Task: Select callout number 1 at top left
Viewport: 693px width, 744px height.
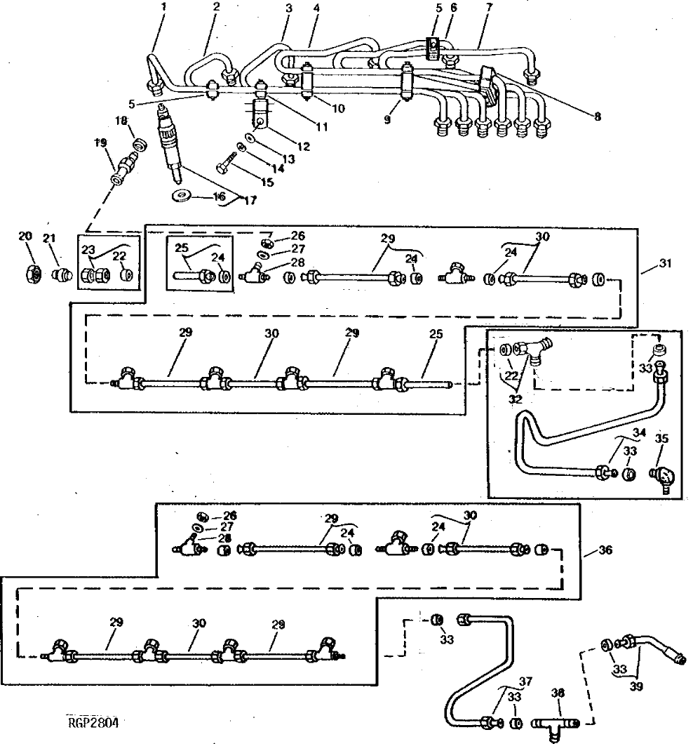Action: click(x=165, y=7)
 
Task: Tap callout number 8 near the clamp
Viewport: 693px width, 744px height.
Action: click(x=597, y=117)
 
